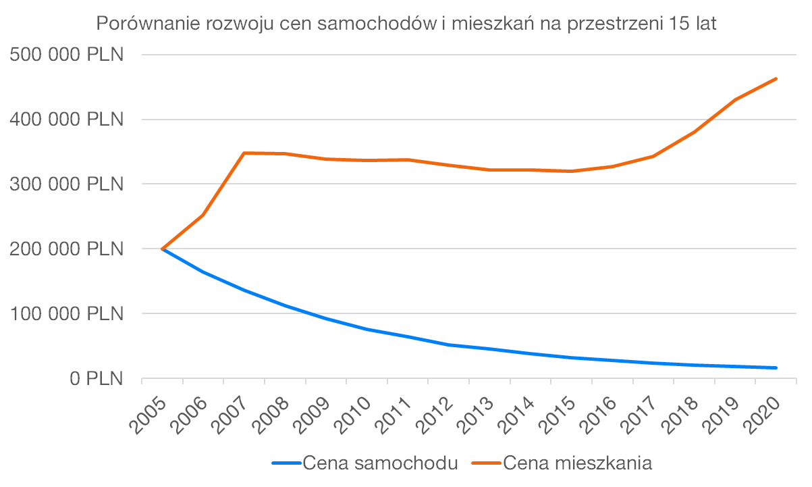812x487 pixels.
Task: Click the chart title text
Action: (406, 24)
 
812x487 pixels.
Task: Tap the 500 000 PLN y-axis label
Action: (67, 55)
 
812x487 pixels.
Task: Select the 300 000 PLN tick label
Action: (67, 184)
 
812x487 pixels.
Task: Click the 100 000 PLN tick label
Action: (67, 314)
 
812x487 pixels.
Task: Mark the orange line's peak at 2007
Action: (244, 153)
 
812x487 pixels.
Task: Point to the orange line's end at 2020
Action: (776, 78)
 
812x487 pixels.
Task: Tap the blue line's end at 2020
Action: (776, 367)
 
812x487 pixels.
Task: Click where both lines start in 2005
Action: (163, 249)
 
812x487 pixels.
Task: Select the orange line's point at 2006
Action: (203, 215)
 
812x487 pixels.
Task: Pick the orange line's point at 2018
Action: (694, 132)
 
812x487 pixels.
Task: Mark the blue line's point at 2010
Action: (367, 329)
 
